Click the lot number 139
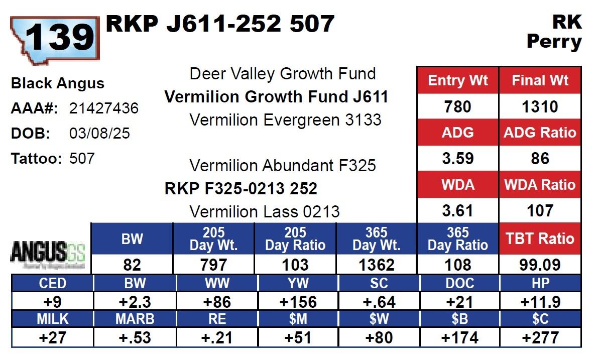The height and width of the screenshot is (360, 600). (59, 38)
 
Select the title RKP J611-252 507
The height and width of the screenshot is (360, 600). (220, 24)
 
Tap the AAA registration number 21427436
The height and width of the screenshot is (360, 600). (103, 108)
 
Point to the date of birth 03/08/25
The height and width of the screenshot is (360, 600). (99, 133)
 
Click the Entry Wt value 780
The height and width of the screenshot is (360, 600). (457, 106)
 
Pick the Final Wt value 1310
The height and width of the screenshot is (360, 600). (540, 106)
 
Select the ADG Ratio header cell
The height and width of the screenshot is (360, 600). (540, 133)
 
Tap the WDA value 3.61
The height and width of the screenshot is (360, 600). (457, 211)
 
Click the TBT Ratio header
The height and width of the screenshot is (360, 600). (540, 238)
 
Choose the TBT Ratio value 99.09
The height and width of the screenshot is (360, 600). (540, 265)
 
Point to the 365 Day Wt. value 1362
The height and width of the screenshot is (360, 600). (376, 265)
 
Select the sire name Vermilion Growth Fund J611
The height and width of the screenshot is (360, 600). (276, 97)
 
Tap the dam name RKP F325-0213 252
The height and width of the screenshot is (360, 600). (241, 189)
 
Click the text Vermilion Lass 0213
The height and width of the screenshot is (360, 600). (264, 211)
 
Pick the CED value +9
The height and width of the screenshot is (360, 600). (52, 301)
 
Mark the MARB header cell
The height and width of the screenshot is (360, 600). (135, 319)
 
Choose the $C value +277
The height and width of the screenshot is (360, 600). (541, 337)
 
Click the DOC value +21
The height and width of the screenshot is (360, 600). (459, 301)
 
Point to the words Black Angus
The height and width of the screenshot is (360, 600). (58, 83)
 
